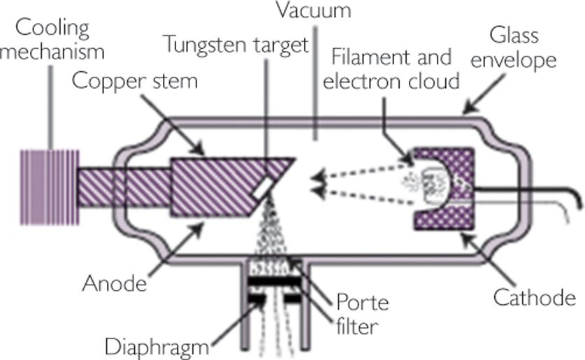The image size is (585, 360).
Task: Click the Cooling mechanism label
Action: click(x=52, y=41)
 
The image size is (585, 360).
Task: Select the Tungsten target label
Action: click(x=236, y=47)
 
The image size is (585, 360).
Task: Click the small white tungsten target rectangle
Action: click(x=263, y=187)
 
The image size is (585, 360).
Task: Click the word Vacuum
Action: click(x=312, y=12)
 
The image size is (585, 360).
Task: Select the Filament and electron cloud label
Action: click(x=397, y=70)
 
